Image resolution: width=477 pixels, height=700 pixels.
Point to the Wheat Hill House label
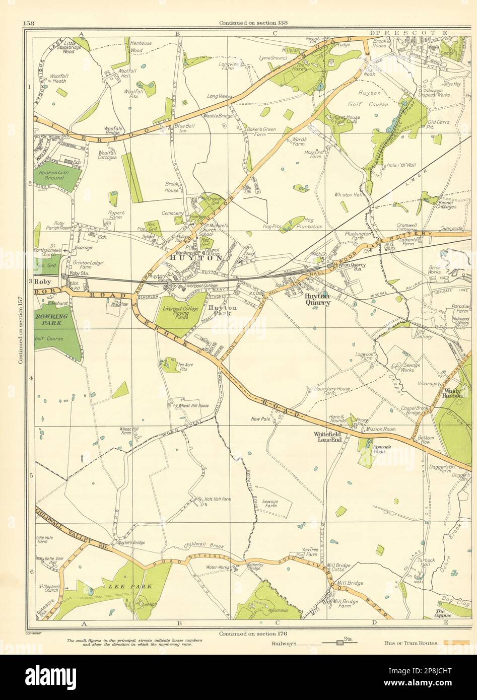point(190,405)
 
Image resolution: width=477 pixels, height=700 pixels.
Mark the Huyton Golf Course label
point(373,99)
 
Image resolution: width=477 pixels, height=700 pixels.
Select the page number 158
point(28,23)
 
